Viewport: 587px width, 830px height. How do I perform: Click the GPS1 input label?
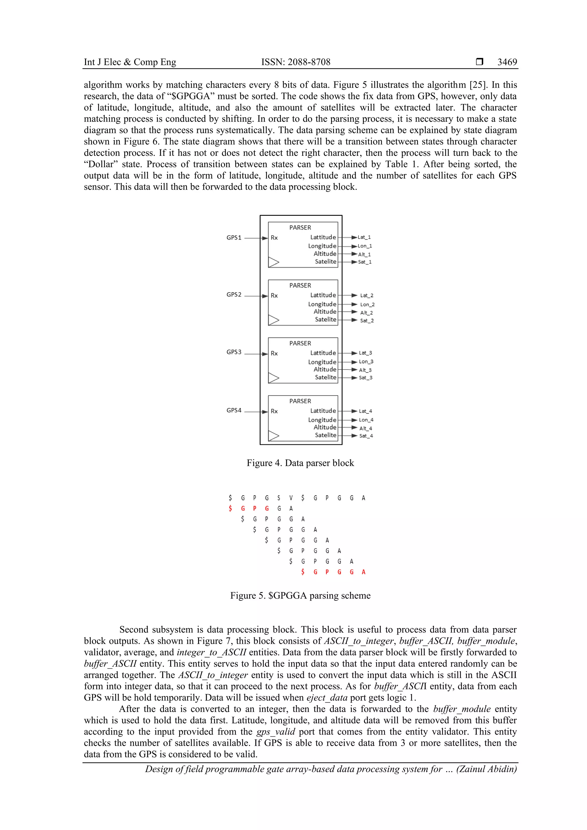pyautogui.click(x=234, y=238)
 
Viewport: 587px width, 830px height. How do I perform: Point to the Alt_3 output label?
pyautogui.click(x=365, y=370)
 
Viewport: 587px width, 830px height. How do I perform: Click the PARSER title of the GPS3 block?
pyautogui.click(x=300, y=343)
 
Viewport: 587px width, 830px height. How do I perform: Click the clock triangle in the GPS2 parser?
pyautogui.click(x=274, y=320)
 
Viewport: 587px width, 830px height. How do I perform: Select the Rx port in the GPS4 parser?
pyautogui.click(x=274, y=411)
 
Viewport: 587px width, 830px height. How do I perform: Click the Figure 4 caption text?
pyautogui.click(x=300, y=463)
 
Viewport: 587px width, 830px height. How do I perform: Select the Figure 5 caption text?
pyautogui.click(x=300, y=595)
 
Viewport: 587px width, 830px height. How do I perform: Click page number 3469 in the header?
pyautogui.click(x=507, y=62)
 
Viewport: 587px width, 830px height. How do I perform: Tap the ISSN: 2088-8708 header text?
pyautogui.click(x=296, y=62)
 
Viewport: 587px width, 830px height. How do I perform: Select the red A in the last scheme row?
pyautogui.click(x=363, y=572)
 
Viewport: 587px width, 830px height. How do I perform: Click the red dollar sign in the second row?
pyautogui.click(x=230, y=508)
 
